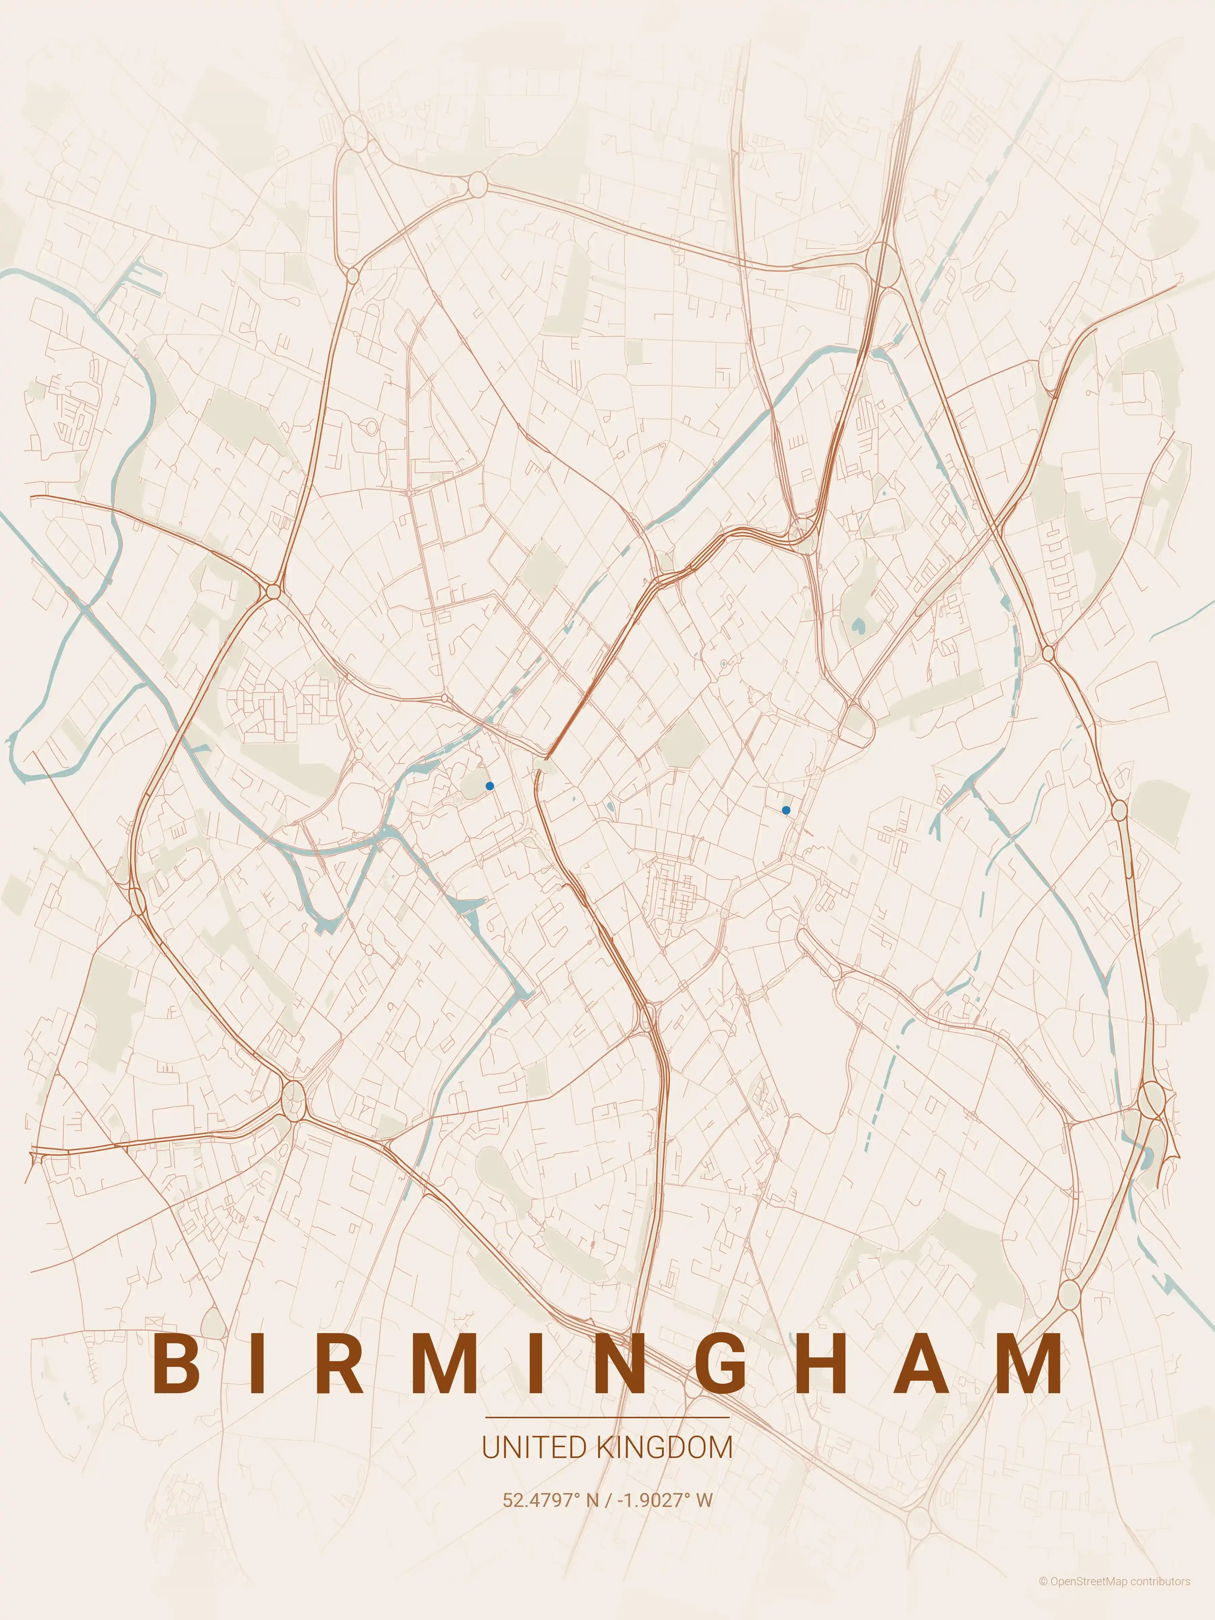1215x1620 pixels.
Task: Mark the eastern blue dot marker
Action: [x=786, y=810]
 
